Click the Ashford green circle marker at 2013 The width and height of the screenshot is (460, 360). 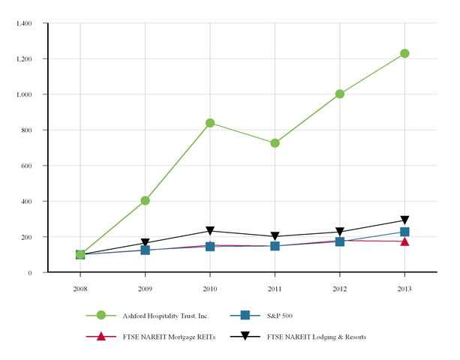pos(404,53)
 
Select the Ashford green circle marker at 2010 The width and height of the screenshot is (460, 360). pos(210,123)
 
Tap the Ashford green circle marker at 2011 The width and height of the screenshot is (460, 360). pos(275,143)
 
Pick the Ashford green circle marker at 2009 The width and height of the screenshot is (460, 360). pos(145,200)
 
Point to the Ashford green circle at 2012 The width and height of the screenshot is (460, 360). pos(340,94)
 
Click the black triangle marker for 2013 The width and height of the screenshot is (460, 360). pos(404,220)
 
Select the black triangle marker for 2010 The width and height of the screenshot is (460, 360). pos(210,231)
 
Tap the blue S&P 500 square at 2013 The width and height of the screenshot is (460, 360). pos(404,232)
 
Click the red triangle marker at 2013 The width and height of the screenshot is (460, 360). pos(404,241)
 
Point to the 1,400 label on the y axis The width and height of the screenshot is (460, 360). pos(23,23)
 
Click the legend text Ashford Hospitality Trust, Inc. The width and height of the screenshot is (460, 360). pos(161,315)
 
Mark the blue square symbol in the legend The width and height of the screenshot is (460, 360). pos(244,315)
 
